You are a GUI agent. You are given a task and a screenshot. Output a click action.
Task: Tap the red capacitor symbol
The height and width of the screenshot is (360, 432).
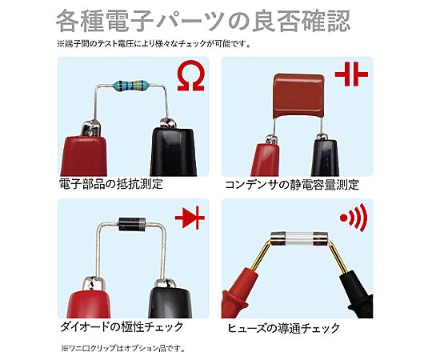tap(351, 74)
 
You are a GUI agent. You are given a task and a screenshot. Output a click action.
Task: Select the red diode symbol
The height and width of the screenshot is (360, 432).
tap(190, 218)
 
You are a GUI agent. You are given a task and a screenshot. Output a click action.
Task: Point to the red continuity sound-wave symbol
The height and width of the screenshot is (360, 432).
tap(354, 218)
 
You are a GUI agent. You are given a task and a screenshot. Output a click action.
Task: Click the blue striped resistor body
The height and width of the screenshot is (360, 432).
tap(130, 85)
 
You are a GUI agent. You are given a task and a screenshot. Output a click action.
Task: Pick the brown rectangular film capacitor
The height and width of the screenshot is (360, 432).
tap(298, 96)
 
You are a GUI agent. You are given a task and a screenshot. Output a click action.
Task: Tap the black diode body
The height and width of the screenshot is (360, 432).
tap(132, 224)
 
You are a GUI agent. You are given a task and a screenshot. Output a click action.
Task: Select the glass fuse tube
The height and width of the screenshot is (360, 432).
tap(299, 239)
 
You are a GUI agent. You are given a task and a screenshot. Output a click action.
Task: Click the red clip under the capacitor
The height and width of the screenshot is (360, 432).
tap(266, 156)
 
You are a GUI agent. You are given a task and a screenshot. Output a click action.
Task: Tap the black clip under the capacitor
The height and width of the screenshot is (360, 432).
tap(325, 156)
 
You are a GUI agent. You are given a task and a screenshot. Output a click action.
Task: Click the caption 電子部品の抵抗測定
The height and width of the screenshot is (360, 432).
tap(111, 184)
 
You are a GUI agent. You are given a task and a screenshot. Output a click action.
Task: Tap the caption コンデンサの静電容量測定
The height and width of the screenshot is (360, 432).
tap(291, 185)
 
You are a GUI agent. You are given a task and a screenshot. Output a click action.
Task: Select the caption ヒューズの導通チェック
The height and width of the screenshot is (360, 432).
tap(283, 328)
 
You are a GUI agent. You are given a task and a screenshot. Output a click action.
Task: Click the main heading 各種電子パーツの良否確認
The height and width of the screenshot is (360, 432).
tap(203, 21)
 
